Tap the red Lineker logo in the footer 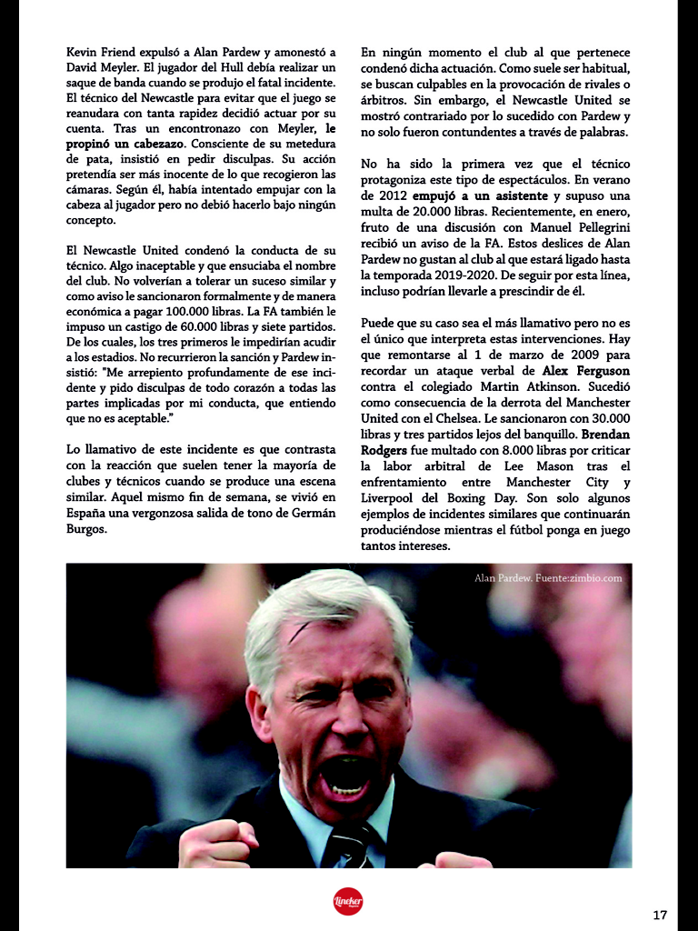pos(348,901)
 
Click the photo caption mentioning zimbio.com pos(547,578)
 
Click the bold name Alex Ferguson pos(585,372)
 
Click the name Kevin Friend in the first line pos(99,53)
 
